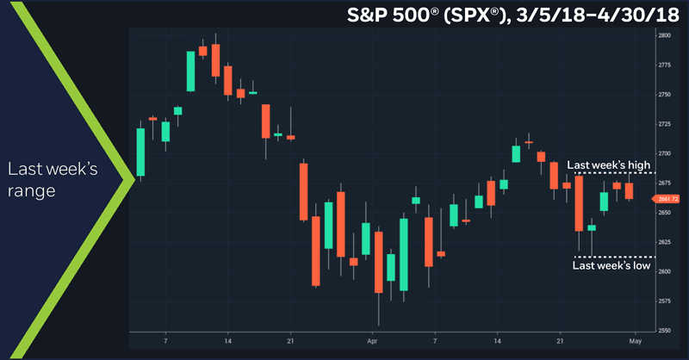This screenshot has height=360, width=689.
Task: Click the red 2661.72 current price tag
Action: (x=668, y=199)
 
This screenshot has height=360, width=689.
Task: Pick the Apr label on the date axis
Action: (x=373, y=341)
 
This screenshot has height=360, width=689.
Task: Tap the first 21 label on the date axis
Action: (x=291, y=341)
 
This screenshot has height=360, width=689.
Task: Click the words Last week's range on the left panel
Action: (x=53, y=179)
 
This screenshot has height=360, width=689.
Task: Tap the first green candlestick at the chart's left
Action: (x=140, y=152)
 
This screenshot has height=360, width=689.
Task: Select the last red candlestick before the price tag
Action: (x=629, y=190)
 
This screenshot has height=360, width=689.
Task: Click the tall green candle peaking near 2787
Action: (x=190, y=71)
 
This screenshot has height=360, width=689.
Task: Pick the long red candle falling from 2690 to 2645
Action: (x=303, y=190)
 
